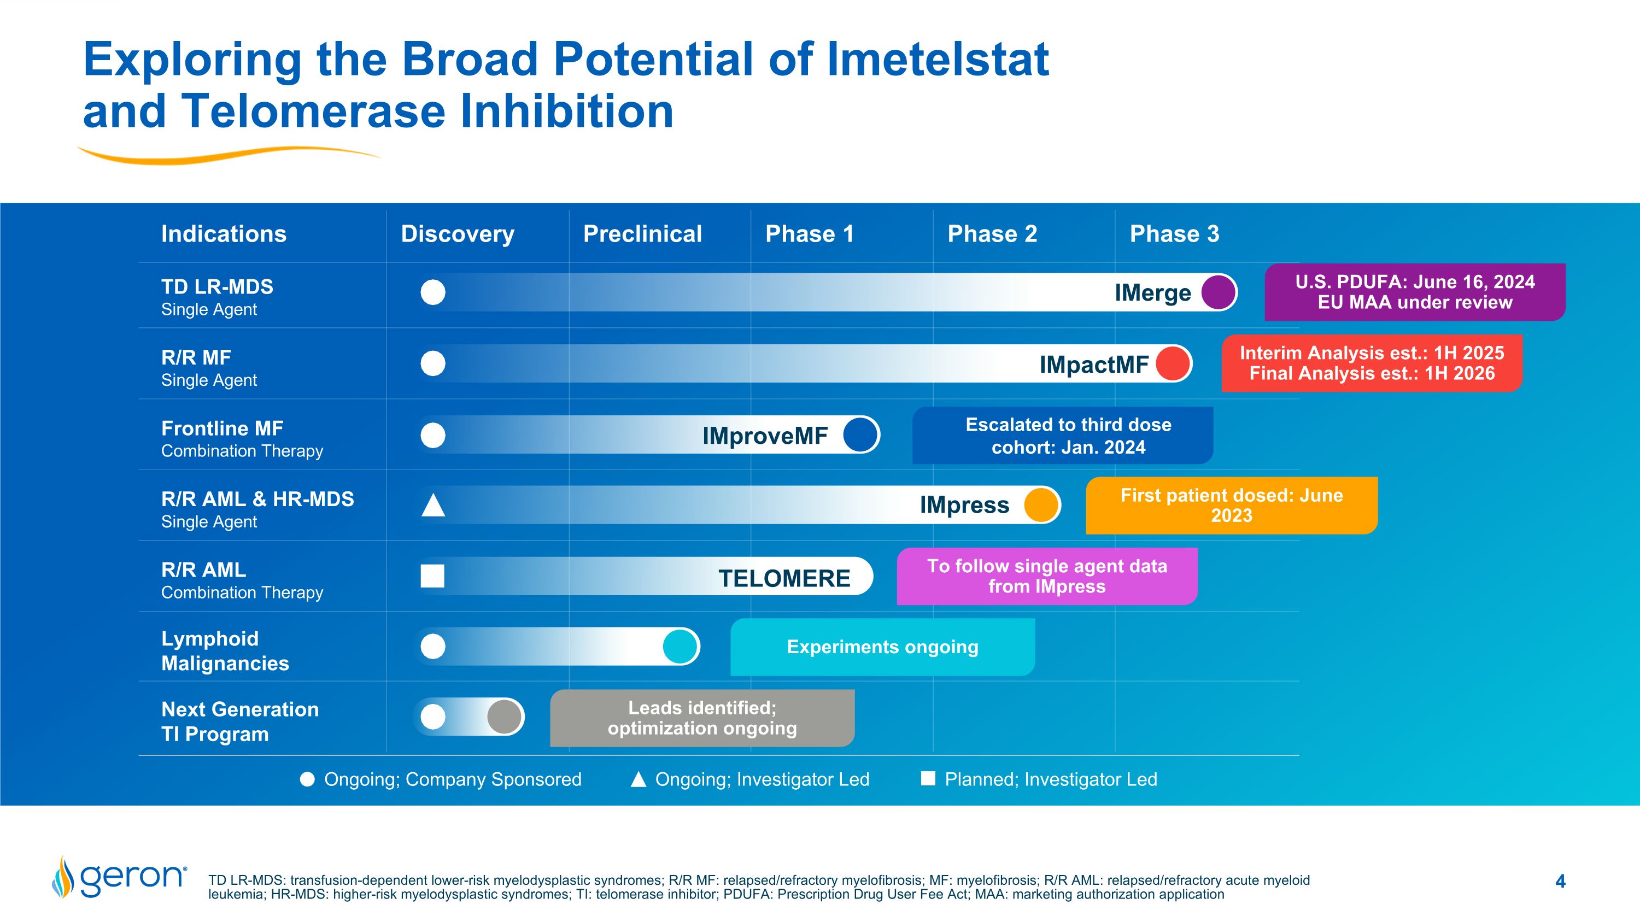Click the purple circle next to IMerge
pos(1218,292)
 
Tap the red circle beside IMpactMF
pos(1173,363)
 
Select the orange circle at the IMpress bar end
pos(1041,505)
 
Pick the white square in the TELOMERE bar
pos(433,576)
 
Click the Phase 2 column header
pos(992,234)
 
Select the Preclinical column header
pos(642,234)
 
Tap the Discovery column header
pos(457,234)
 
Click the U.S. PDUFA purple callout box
pos(1414,292)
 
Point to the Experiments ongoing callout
pos(882,647)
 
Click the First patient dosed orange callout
pos(1231,505)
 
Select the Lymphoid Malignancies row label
pos(225,651)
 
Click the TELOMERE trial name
pos(784,578)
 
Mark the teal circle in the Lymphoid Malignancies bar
pos(680,647)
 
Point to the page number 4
pos(1560,881)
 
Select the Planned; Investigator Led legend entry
pos(1040,779)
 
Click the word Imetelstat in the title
pos(937,60)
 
